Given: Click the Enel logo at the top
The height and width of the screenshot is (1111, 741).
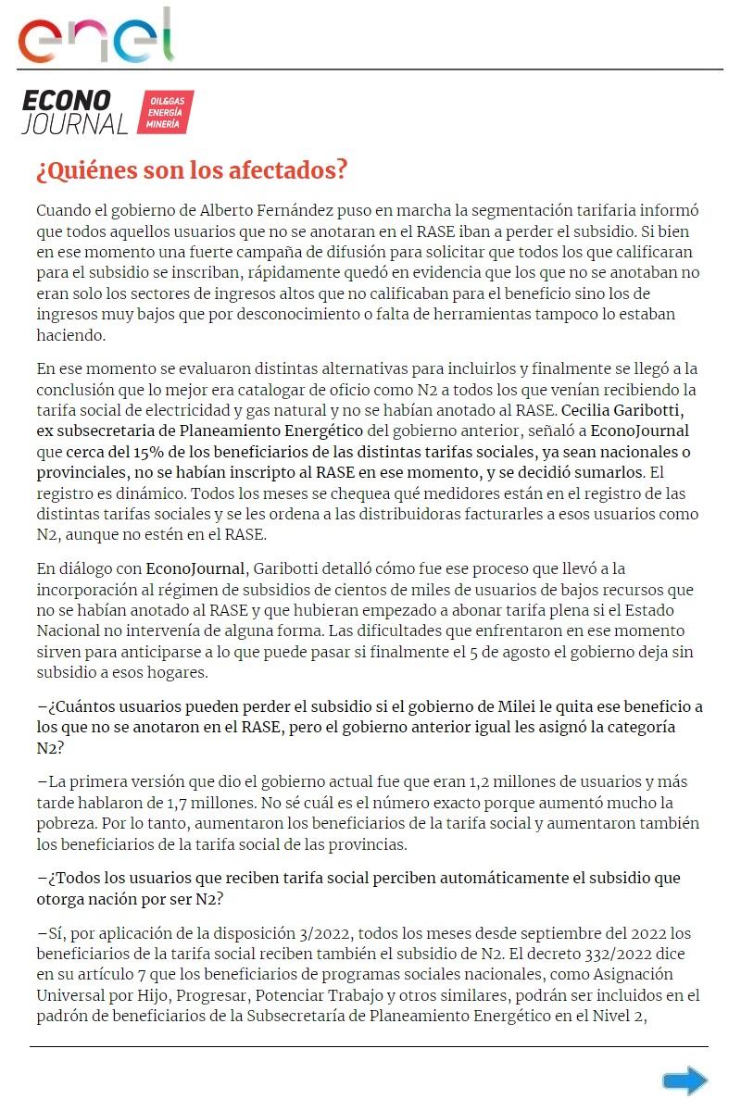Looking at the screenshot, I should point(96,36).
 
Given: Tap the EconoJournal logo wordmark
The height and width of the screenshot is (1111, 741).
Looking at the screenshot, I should point(74,112).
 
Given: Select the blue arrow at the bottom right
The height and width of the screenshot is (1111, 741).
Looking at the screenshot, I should point(685,1080).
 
